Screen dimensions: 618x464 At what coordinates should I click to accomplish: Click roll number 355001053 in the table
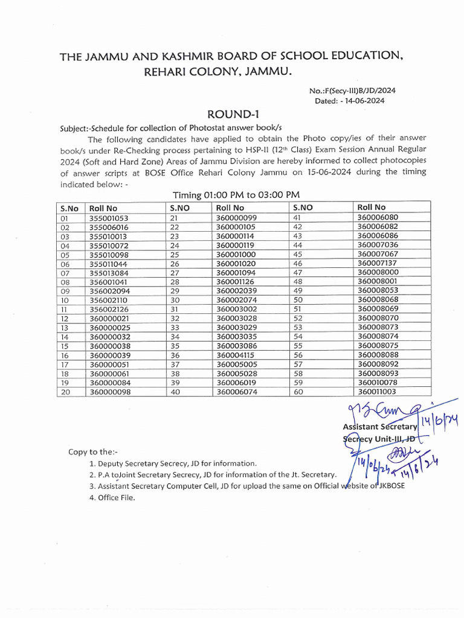click(109, 218)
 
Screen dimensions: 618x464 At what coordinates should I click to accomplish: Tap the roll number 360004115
click(236, 355)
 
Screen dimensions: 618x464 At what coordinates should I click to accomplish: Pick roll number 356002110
click(109, 300)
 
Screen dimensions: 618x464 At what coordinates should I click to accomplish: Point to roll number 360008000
click(378, 273)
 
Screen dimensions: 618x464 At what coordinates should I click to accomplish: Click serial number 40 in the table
click(175, 392)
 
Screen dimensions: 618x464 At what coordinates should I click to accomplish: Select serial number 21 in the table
click(175, 218)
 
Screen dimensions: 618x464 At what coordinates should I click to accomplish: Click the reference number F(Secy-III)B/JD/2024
click(352, 91)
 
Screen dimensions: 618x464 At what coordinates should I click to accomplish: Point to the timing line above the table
click(236, 195)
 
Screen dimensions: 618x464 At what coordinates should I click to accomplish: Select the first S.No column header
click(69, 208)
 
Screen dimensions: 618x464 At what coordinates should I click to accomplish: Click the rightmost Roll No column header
click(372, 207)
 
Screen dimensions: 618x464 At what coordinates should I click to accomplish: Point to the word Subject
click(76, 128)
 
